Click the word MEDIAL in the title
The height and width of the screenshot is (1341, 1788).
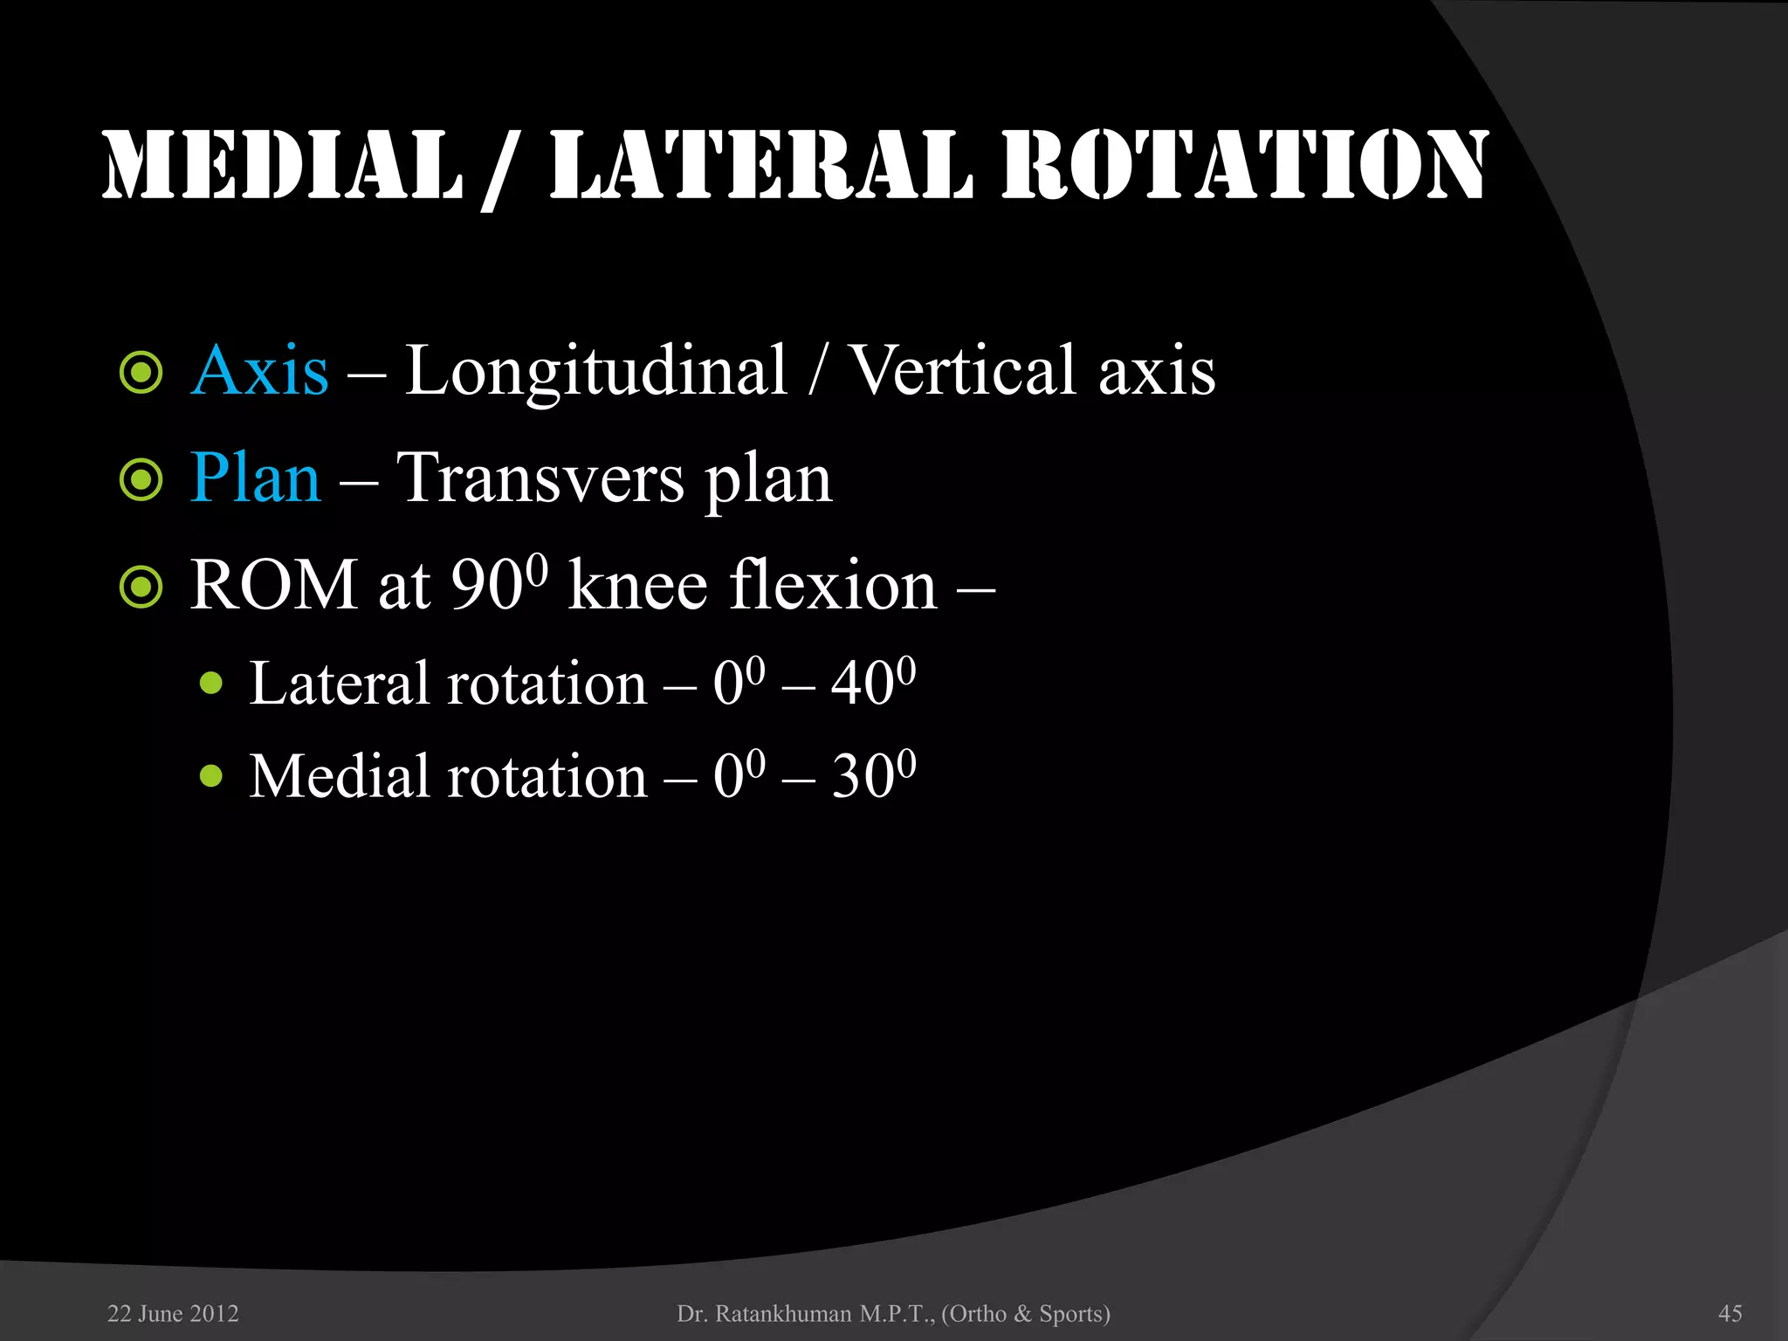[x=282, y=166]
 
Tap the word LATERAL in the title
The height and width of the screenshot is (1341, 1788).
[x=760, y=166]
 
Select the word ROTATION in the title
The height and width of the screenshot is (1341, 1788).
[x=1245, y=166]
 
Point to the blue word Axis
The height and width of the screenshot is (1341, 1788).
[x=259, y=371]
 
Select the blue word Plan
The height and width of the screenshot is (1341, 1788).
[x=255, y=478]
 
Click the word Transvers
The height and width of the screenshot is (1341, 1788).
[x=540, y=478]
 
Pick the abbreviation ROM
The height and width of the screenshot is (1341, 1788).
[x=273, y=585]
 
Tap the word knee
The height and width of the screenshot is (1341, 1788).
[x=637, y=585]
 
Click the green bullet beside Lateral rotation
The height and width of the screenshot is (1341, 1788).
[x=211, y=683]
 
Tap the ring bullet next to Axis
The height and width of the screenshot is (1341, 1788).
[x=141, y=373]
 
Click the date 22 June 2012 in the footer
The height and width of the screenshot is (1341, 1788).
[x=173, y=1314]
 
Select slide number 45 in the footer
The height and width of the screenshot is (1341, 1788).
[x=1730, y=1314]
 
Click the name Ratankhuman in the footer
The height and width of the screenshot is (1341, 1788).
[x=783, y=1314]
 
